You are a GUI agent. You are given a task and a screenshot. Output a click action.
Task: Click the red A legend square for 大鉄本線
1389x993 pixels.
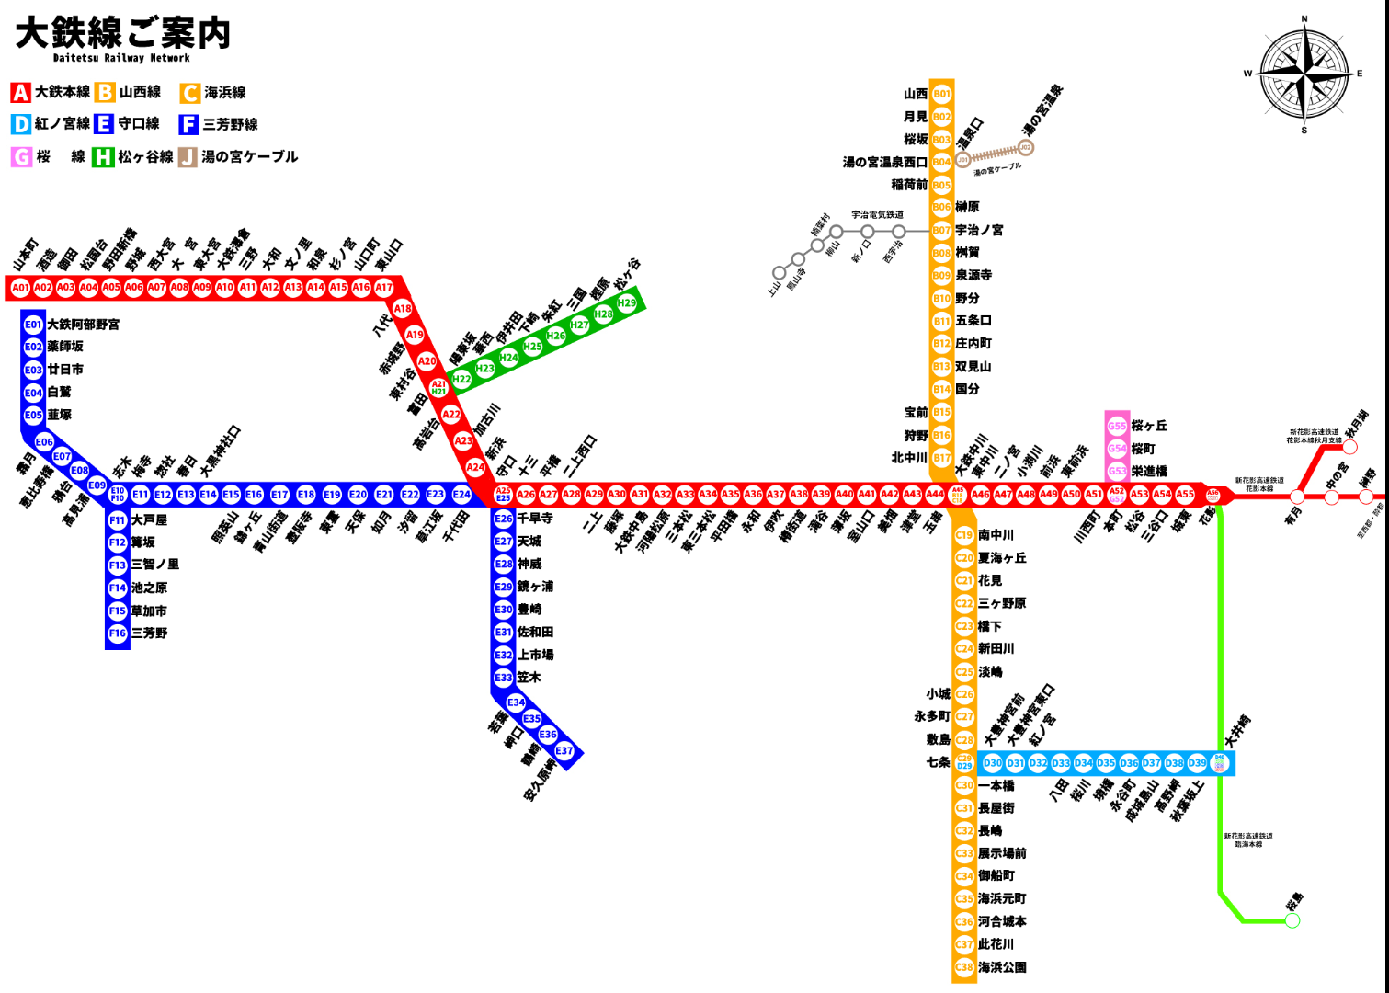click(x=20, y=93)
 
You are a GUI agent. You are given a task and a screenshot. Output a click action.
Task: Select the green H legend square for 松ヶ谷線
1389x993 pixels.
click(x=102, y=157)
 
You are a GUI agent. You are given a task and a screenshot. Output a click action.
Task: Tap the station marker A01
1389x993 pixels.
click(x=20, y=288)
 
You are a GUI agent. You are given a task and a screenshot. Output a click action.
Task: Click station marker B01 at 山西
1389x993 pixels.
click(x=941, y=94)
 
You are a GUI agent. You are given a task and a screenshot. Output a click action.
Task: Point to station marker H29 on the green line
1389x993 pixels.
click(x=626, y=302)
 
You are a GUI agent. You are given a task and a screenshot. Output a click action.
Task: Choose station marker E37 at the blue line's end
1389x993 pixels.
click(x=564, y=751)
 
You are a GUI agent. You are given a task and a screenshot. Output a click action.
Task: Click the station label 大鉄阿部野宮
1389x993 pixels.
click(x=83, y=325)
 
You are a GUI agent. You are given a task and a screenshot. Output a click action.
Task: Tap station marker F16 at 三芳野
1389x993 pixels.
click(x=118, y=633)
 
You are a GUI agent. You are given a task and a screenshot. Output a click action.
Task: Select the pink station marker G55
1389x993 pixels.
click(x=1116, y=426)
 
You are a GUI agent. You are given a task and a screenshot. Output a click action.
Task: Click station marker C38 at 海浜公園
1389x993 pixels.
click(x=963, y=967)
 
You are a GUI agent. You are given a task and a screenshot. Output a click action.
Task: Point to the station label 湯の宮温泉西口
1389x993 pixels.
click(x=884, y=162)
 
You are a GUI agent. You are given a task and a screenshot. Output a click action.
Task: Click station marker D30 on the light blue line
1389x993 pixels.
click(x=993, y=763)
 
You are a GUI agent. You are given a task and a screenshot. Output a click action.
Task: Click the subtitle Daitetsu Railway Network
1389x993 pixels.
click(x=121, y=58)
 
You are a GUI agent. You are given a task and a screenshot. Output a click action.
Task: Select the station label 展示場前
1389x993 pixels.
click(x=1002, y=853)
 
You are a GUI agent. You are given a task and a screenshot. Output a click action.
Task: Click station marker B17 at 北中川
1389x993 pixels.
click(x=941, y=458)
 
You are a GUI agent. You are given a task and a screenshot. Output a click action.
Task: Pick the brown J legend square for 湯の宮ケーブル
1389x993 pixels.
click(x=188, y=157)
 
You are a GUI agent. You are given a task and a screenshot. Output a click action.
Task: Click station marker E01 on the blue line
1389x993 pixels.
click(x=33, y=325)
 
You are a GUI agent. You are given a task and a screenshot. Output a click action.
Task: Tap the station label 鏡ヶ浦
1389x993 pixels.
click(x=535, y=587)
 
